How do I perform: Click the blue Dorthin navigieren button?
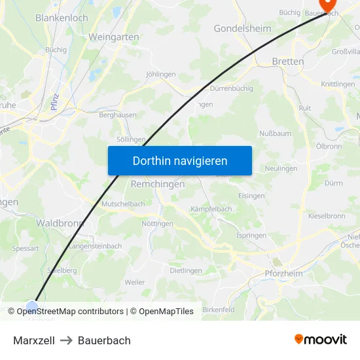coord(180,160)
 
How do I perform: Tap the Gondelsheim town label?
coord(242,29)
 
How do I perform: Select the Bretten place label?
coord(288,62)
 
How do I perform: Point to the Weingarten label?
coord(114,37)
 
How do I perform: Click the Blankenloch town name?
coord(62,18)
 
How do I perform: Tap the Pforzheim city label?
coord(284,274)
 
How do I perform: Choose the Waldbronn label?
coord(60,223)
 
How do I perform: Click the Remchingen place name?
coord(158,185)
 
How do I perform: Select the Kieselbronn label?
coord(326,215)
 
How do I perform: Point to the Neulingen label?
coord(281,169)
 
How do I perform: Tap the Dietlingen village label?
coord(186,270)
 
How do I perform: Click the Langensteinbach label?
coord(96,246)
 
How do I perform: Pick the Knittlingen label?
coord(338,84)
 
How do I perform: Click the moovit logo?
coord(321,340)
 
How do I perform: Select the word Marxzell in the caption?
coord(34,340)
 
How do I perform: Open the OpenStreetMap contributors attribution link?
coord(70,312)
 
